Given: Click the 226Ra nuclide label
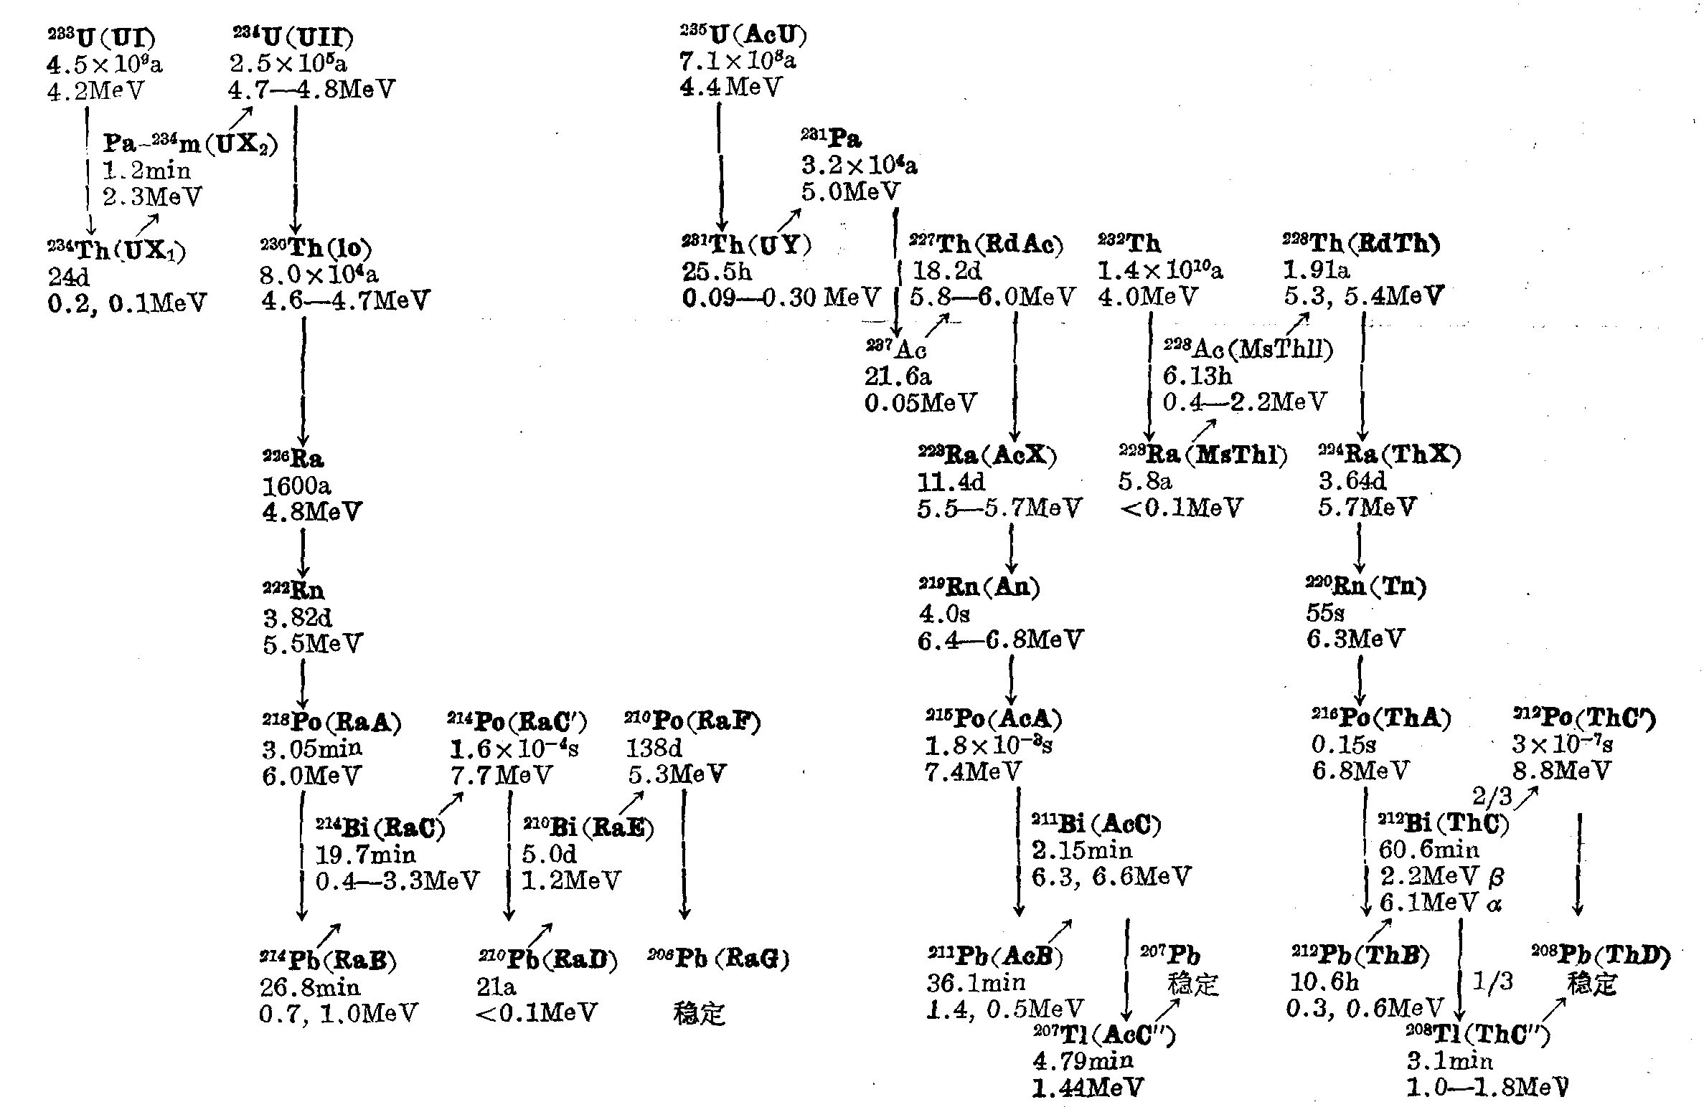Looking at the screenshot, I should tap(293, 458).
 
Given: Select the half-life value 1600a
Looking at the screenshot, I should tap(296, 486).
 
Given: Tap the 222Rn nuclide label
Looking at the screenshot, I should tap(293, 591).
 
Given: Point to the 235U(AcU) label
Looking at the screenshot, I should tap(743, 34).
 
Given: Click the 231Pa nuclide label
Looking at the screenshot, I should tap(831, 138).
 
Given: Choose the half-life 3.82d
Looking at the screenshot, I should tap(297, 617).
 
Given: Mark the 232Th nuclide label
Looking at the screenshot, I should tap(1129, 244).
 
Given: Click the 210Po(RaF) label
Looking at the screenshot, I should tap(692, 721).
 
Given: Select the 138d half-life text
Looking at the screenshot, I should tap(654, 749).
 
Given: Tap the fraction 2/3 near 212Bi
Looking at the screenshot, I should tap(1492, 796).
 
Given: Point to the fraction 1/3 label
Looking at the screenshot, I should tap(1492, 981).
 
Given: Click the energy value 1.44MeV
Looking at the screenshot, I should tap(1088, 1088).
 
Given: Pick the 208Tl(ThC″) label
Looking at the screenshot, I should tap(1478, 1034).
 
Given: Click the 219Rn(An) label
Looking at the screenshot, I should tap(979, 586).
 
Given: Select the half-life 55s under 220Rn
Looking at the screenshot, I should tap(1324, 613).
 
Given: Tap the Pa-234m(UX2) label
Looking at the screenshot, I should tap(190, 143).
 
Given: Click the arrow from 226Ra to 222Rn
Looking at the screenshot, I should tap(303, 551).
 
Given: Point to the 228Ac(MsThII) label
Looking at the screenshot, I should tap(1248, 348).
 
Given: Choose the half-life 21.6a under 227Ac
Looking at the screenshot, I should tap(898, 376).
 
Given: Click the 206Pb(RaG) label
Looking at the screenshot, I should tap(718, 958).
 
